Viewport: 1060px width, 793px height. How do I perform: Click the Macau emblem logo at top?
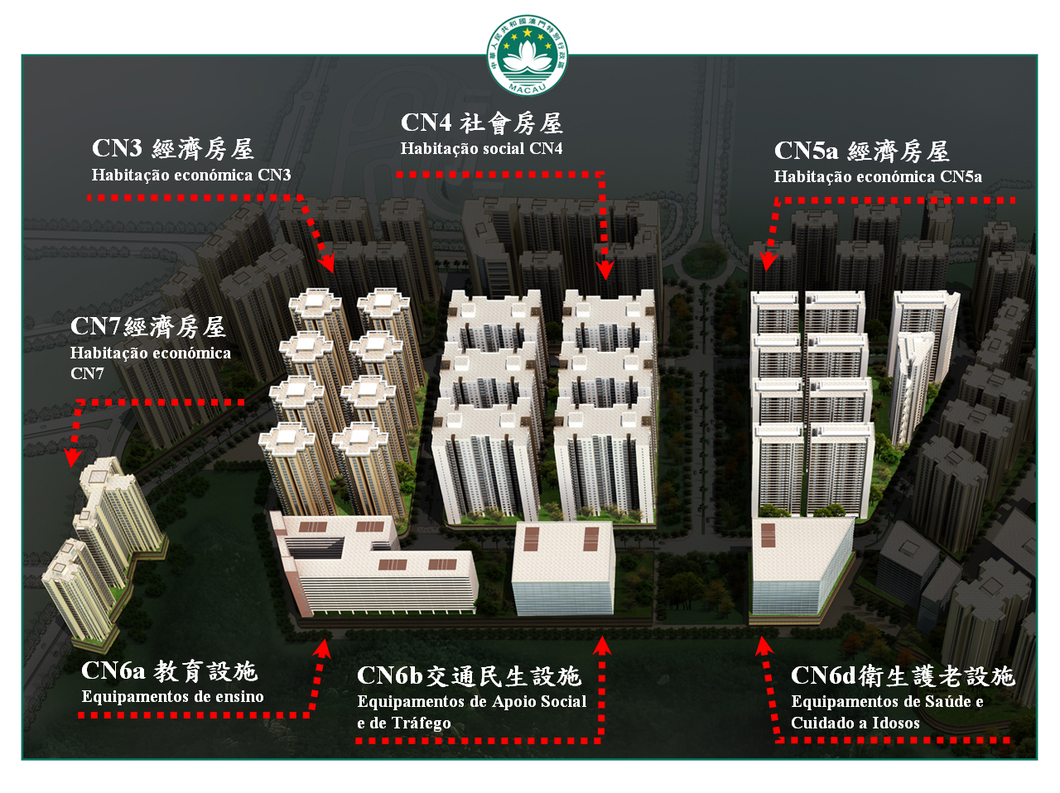(x=527, y=55)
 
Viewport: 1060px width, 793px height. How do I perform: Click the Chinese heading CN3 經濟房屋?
(x=173, y=149)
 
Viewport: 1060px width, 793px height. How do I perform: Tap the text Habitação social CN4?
(x=481, y=149)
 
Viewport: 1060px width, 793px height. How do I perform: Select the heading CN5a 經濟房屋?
(x=861, y=151)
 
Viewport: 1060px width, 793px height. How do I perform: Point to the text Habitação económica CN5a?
(x=878, y=176)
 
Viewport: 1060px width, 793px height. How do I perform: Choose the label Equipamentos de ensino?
(x=172, y=697)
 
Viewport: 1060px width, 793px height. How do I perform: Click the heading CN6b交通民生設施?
(x=469, y=676)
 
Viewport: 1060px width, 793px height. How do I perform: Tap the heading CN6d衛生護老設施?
(x=902, y=676)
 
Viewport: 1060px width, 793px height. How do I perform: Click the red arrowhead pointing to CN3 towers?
(x=327, y=264)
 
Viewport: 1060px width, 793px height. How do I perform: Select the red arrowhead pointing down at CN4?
(x=605, y=270)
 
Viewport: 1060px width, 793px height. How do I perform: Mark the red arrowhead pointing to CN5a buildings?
(x=768, y=261)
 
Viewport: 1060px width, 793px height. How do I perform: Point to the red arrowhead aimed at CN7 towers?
(x=73, y=457)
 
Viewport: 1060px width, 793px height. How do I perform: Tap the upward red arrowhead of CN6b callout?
(x=602, y=646)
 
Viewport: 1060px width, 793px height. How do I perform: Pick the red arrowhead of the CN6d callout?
(x=763, y=646)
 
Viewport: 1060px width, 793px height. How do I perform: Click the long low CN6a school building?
(x=377, y=571)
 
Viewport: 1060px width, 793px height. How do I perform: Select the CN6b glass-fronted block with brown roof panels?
(x=563, y=570)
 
